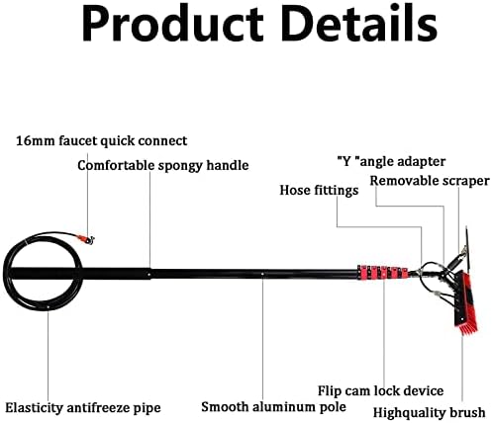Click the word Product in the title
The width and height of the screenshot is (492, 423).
tap(172, 24)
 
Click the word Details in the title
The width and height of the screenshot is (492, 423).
tap(359, 23)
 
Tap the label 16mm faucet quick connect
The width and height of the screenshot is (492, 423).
tap(102, 141)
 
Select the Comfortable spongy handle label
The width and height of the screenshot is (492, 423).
tap(163, 165)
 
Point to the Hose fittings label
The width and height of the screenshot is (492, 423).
tap(319, 190)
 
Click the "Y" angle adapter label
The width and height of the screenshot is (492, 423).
tap(391, 161)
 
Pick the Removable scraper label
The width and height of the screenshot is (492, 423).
tap(430, 181)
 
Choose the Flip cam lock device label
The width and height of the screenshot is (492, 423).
tap(380, 391)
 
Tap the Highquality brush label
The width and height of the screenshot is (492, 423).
tap(429, 412)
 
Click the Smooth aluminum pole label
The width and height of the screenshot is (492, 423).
tap(273, 407)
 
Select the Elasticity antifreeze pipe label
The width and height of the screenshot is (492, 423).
tap(83, 408)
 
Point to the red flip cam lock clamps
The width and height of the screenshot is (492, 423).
tap(383, 273)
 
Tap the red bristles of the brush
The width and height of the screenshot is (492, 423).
tap(465, 327)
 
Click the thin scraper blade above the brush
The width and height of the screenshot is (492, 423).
tap(467, 249)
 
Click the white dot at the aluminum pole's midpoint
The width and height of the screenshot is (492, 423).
tap(262, 273)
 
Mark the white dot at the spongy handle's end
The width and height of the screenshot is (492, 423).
tap(149, 274)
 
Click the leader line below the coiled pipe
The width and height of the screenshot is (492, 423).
tap(49, 355)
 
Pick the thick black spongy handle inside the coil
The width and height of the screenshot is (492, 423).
tap(79, 274)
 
